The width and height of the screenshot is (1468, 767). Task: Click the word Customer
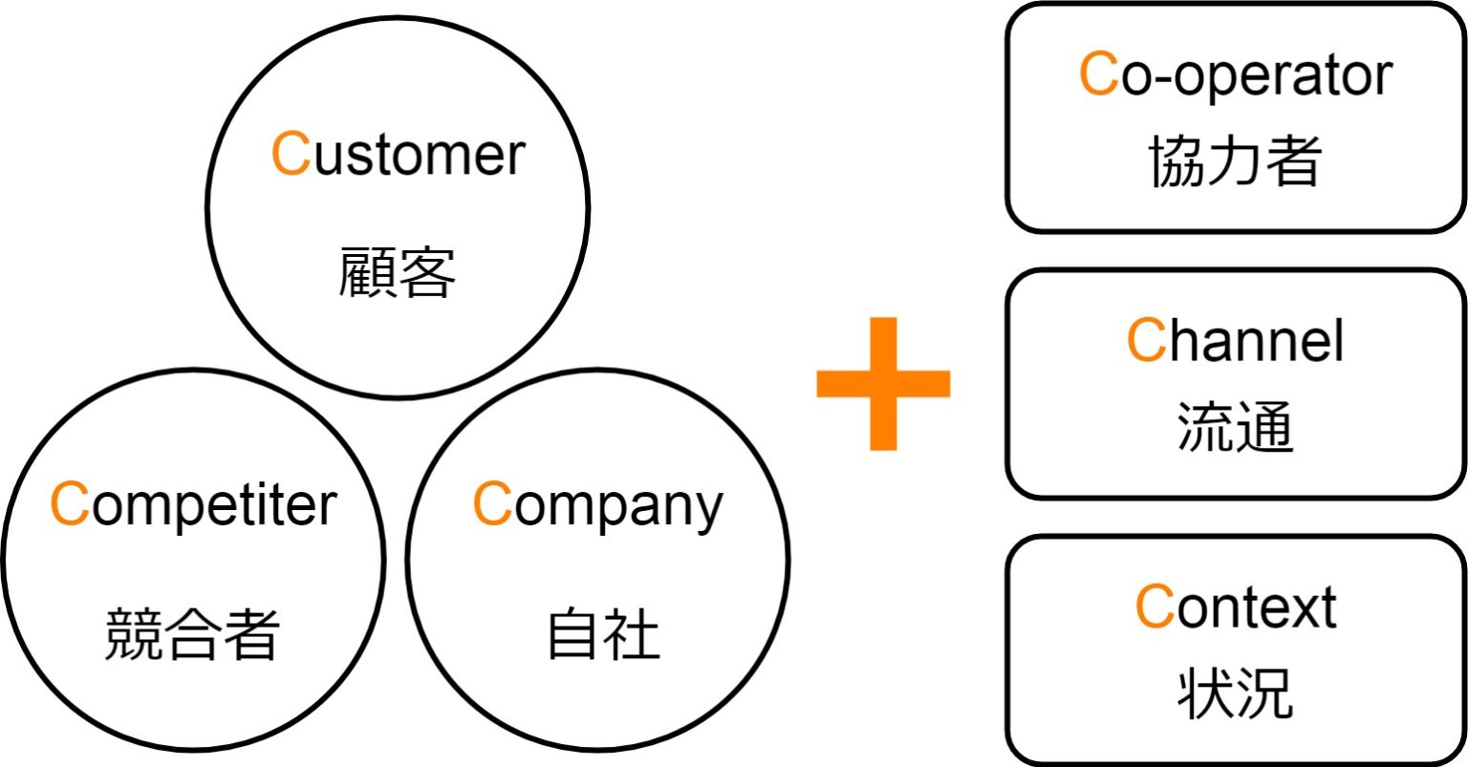[x=398, y=155]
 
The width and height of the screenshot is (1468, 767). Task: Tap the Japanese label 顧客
[x=397, y=274]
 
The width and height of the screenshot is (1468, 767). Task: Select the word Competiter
[x=193, y=505]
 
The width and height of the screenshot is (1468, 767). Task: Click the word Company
[x=597, y=505]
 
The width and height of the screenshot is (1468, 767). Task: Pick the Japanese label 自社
[x=603, y=634]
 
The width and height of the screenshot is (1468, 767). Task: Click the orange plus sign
[x=883, y=383]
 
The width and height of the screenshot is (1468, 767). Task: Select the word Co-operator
[x=1235, y=75]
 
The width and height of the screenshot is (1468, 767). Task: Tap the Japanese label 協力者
[x=1235, y=160]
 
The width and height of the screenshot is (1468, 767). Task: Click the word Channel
[x=1235, y=340]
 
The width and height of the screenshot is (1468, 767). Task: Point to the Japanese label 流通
[x=1235, y=426]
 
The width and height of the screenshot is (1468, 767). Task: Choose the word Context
[x=1235, y=607]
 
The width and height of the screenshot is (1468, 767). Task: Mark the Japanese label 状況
[x=1235, y=692]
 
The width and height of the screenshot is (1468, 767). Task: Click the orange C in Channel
[x=1146, y=340]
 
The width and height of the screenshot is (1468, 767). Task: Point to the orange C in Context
[x=1155, y=607]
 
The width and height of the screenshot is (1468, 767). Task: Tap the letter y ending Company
[x=708, y=511]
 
